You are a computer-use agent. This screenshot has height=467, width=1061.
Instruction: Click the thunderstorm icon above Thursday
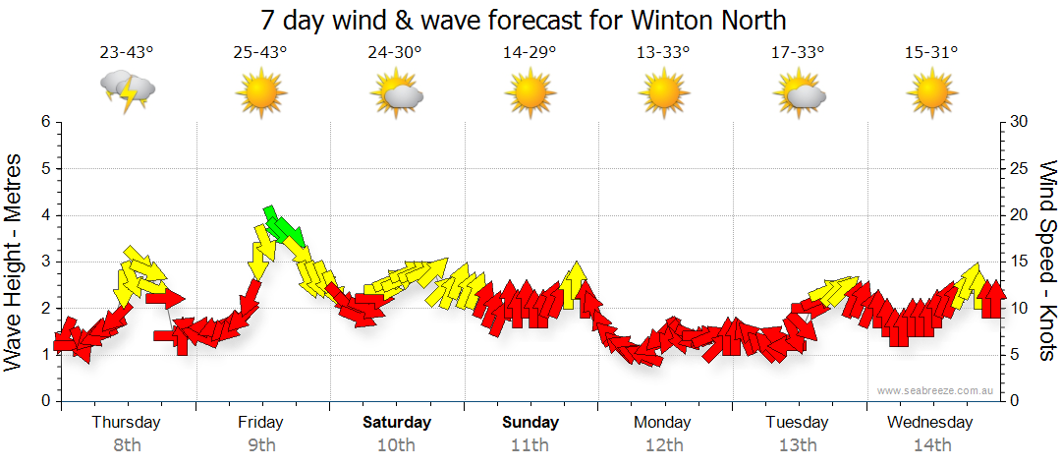128,91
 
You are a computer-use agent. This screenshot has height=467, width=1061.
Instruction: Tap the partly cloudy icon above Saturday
396,94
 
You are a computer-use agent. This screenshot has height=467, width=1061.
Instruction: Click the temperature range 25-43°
260,53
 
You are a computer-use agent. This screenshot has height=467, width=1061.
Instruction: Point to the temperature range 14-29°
530,53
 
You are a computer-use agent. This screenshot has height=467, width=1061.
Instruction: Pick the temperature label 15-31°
931,53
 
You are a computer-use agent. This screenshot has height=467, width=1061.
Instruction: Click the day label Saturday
397,423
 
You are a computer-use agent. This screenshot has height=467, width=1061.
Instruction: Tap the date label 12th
664,444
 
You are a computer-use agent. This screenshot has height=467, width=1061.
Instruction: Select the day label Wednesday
929,423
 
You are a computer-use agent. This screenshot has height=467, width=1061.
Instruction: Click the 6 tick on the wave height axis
45,122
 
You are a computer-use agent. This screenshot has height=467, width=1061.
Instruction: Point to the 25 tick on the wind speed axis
1020,169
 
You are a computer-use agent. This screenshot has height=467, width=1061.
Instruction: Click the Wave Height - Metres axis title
14,262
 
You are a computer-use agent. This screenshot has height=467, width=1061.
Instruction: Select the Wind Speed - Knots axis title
1046,262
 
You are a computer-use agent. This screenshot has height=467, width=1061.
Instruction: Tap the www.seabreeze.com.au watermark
937,390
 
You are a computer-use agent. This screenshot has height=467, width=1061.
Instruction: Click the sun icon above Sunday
530,94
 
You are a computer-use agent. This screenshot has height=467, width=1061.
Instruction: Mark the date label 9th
260,444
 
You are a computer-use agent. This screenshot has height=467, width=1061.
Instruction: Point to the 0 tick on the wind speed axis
1016,401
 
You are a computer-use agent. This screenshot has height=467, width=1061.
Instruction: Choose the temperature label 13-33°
664,53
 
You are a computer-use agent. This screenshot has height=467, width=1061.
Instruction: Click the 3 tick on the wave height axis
45,262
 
